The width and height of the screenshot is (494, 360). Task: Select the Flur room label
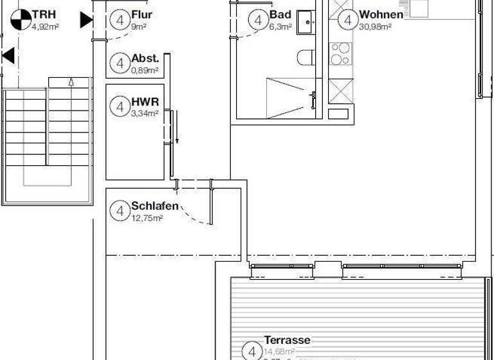coord(142,15)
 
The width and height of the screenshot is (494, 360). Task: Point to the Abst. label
coord(145,58)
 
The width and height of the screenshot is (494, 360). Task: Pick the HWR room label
coord(145,102)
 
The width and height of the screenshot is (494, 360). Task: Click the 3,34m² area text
coord(144,114)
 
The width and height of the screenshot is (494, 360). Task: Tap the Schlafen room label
coord(154,206)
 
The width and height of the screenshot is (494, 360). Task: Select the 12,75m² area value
coord(147,219)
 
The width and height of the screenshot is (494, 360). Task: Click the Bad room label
coord(280,15)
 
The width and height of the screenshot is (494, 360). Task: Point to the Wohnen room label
coord(381,15)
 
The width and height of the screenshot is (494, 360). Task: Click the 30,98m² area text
coord(376,27)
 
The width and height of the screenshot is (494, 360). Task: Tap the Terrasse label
coord(288,340)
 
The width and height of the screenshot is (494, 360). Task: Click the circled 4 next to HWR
coord(120,106)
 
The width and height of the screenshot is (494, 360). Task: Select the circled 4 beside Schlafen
coord(120,211)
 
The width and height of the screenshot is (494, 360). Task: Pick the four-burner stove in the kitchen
coord(340,54)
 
